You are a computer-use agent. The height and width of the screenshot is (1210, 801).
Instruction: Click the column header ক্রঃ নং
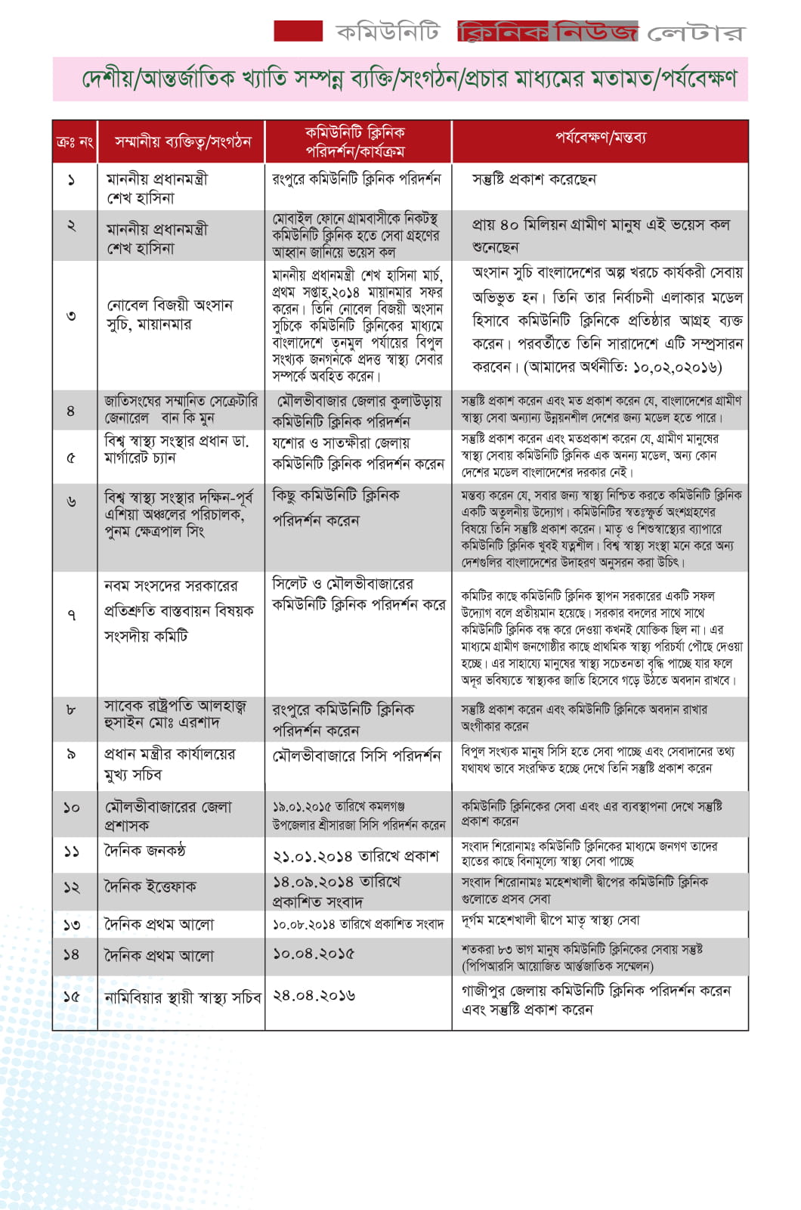74,141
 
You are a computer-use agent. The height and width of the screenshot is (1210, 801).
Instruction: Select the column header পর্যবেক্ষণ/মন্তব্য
600,138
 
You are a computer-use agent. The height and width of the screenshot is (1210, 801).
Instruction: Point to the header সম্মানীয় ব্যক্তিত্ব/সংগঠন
182,141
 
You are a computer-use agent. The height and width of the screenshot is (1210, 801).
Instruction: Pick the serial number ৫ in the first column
71,457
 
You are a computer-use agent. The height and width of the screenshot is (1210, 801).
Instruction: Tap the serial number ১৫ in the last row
71,997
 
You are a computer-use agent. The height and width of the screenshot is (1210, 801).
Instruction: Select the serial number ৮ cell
71,710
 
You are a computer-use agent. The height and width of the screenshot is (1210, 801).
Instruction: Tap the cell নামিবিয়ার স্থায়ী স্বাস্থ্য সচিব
182,997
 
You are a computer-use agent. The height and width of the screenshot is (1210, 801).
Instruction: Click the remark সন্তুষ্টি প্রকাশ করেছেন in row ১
533,179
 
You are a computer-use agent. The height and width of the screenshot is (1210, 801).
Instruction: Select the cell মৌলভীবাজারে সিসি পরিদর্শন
356,755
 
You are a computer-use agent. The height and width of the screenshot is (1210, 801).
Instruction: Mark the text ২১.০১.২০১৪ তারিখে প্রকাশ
356,855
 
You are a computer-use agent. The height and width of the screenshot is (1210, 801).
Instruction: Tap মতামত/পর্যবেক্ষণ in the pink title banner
642,79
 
